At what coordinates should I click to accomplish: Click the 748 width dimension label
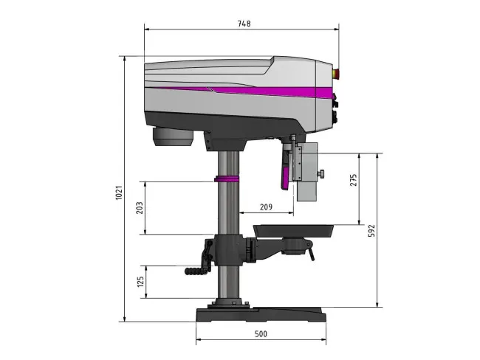pyautogui.click(x=244, y=24)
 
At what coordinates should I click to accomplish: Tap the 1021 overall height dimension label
pyautogui.click(x=119, y=193)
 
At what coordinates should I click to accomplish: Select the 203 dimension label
pyautogui.click(x=140, y=208)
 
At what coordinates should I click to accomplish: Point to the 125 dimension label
pyautogui.click(x=140, y=282)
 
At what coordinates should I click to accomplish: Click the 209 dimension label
pyautogui.click(x=266, y=207)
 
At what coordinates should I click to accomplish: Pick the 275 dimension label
pyautogui.click(x=353, y=180)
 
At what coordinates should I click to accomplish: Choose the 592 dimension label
pyautogui.click(x=371, y=231)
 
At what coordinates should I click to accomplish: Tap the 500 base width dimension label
pyautogui.click(x=261, y=333)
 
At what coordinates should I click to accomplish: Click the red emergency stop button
pyautogui.click(x=335, y=73)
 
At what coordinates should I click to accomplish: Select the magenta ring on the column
pyautogui.click(x=227, y=179)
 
